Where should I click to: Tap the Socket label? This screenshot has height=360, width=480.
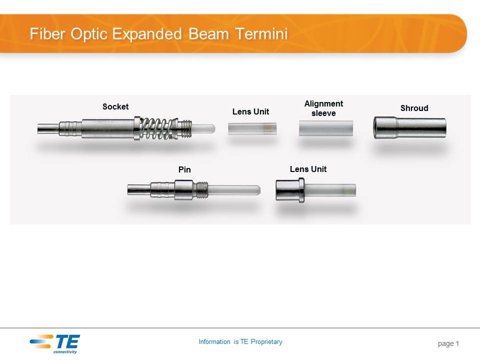tap(115, 106)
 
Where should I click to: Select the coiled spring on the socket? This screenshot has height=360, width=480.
tap(157, 129)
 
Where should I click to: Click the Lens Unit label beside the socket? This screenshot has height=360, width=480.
tap(250, 111)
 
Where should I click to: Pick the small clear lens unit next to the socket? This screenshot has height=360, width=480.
tap(252, 128)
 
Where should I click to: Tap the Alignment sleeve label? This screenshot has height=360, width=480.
tap(323, 108)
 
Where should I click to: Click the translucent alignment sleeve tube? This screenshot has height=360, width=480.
tap(325, 128)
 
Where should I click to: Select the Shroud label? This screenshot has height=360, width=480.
tap(414, 108)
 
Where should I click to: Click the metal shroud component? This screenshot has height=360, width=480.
tap(409, 127)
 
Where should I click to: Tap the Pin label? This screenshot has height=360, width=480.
tap(184, 170)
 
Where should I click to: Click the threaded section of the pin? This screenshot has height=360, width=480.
tap(200, 189)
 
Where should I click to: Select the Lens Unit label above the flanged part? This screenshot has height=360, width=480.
tap(308, 169)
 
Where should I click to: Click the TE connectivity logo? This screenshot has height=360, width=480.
tap(54, 343)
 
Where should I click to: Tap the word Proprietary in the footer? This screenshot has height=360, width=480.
tap(266, 342)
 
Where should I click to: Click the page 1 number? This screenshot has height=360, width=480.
tap(448, 343)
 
